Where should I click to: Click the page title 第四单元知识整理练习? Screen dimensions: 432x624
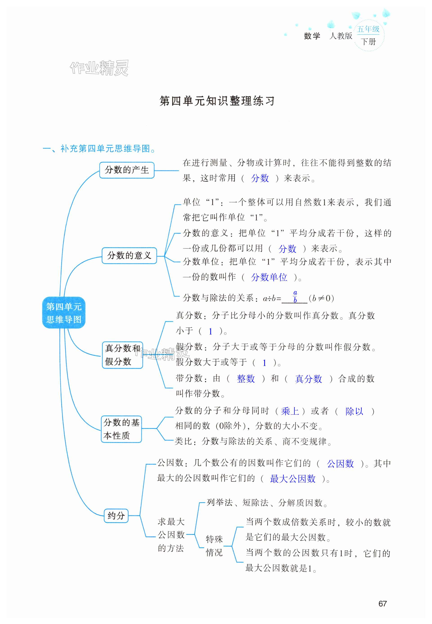pyautogui.click(x=217, y=101)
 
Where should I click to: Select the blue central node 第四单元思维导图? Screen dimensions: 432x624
pyautogui.click(x=64, y=313)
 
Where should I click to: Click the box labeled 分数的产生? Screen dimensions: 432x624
pyautogui.click(x=127, y=170)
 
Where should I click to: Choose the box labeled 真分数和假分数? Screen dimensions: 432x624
pyautogui.click(x=122, y=355)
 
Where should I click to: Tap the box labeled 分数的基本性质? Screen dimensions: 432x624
pyautogui.click(x=121, y=429)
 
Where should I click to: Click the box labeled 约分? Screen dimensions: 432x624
pyautogui.click(x=116, y=516)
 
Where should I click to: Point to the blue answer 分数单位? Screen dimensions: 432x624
pyautogui.click(x=269, y=277)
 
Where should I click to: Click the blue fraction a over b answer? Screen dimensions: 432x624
pyautogui.click(x=295, y=297)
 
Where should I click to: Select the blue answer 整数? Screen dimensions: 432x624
pyautogui.click(x=246, y=378)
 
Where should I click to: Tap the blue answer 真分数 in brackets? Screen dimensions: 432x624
pyautogui.click(x=308, y=379)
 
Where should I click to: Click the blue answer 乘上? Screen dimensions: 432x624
pyautogui.click(x=290, y=411)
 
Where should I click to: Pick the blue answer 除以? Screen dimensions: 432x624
pyautogui.click(x=354, y=411)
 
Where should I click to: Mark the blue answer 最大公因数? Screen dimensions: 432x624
pyautogui.click(x=293, y=478)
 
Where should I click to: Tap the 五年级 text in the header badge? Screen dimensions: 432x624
pyautogui.click(x=368, y=29)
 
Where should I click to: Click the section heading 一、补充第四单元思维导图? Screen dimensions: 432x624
pyautogui.click(x=99, y=148)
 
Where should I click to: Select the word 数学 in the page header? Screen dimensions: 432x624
pyautogui.click(x=312, y=36)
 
